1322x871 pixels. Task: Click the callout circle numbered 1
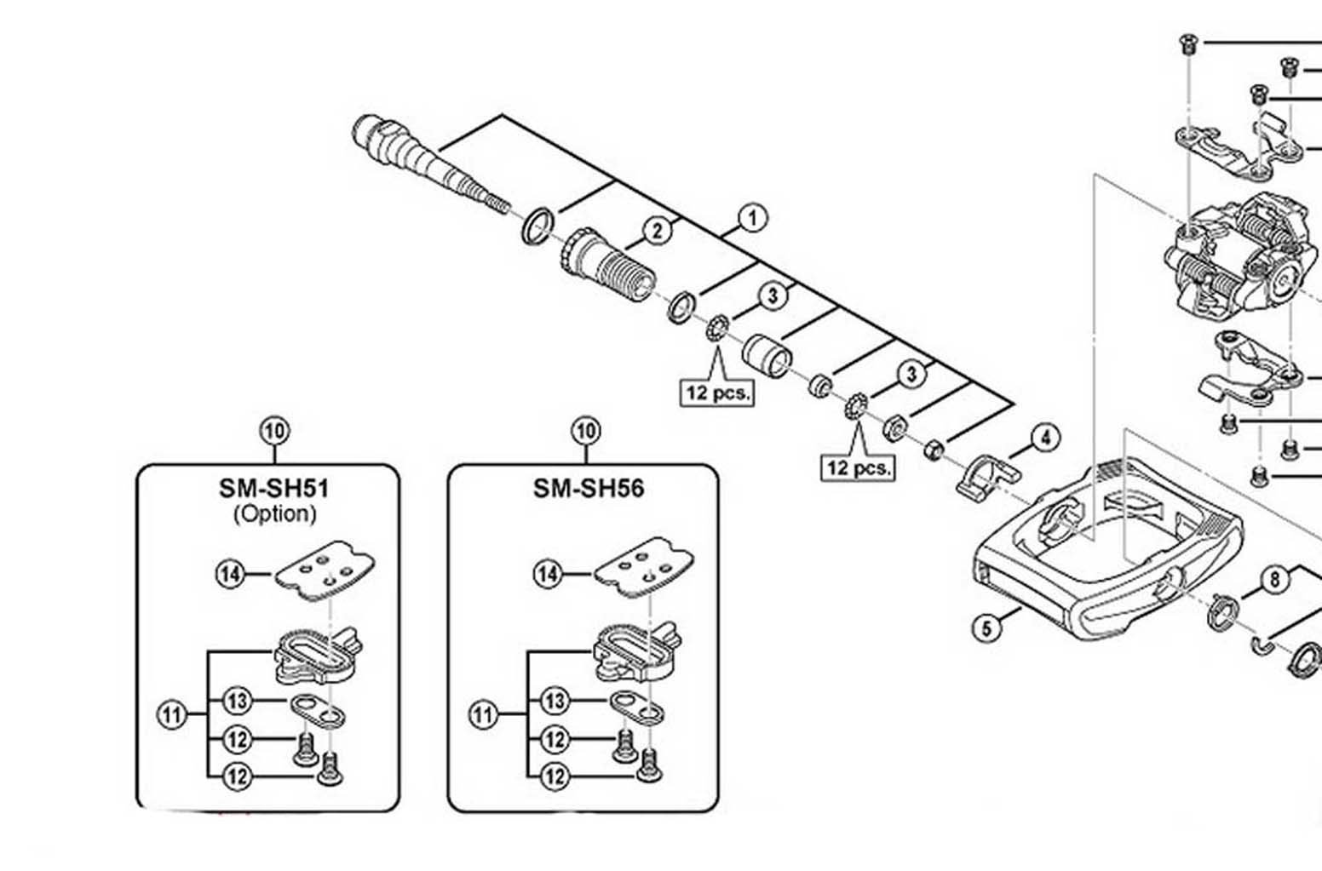[x=751, y=218]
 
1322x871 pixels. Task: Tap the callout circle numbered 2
[x=657, y=231]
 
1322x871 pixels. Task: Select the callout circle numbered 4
[x=1045, y=438]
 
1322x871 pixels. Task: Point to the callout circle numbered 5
[x=986, y=628]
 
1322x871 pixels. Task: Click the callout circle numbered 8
[x=1274, y=580]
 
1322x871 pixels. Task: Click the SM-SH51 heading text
[x=273, y=488]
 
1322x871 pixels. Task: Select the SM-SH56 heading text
[x=589, y=488]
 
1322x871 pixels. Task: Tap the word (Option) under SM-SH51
[x=274, y=513]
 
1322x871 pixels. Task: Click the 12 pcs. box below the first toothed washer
[x=717, y=393]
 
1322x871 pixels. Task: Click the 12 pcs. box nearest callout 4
[x=859, y=467]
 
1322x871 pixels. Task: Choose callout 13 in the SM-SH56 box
[x=555, y=701]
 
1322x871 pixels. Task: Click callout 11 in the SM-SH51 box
[x=173, y=714]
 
